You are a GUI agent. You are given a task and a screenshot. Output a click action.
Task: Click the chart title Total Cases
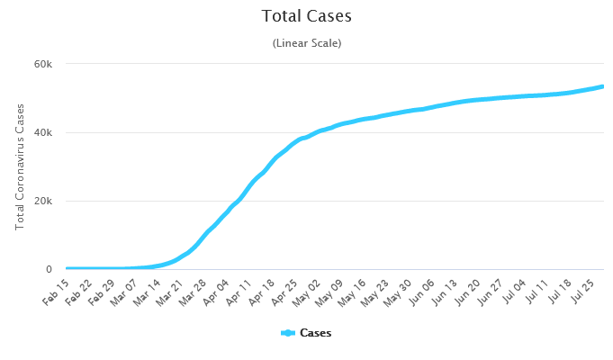[306, 16]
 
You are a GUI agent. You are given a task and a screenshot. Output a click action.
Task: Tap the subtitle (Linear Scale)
[306, 43]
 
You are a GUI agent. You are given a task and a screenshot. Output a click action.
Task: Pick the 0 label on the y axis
[49, 270]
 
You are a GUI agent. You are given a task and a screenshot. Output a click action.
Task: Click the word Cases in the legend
[315, 333]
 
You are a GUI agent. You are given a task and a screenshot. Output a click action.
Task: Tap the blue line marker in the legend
[288, 333]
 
